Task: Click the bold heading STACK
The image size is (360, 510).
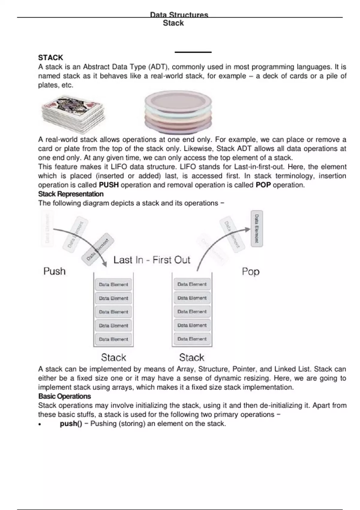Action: pyautogui.click(x=50, y=58)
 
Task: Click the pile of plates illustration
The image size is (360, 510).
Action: pyautogui.click(x=178, y=113)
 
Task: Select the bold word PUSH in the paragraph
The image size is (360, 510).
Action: pyautogui.click(x=109, y=185)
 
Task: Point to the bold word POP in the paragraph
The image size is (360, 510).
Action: pyautogui.click(x=263, y=185)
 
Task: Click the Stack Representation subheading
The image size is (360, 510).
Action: pyautogui.click(x=71, y=194)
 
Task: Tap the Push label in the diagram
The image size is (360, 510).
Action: pyautogui.click(x=54, y=271)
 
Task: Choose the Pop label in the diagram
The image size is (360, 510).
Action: pyautogui.click(x=250, y=271)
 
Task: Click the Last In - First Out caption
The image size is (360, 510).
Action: pyautogui.click(x=152, y=260)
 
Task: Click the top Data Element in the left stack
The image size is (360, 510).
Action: pyautogui.click(x=113, y=284)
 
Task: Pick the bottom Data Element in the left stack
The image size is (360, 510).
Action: pyautogui.click(x=113, y=339)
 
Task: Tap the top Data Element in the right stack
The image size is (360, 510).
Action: pyautogui.click(x=192, y=284)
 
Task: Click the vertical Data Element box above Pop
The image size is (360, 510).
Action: pyautogui.click(x=256, y=229)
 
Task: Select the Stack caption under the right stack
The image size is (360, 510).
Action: pyautogui.click(x=191, y=358)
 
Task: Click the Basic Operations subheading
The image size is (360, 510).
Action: pyautogui.click(x=64, y=396)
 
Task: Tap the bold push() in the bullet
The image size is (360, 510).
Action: pyautogui.click(x=71, y=424)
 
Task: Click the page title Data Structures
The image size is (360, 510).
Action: pyautogui.click(x=179, y=15)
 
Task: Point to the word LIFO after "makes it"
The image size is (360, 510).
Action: pyautogui.click(x=119, y=167)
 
